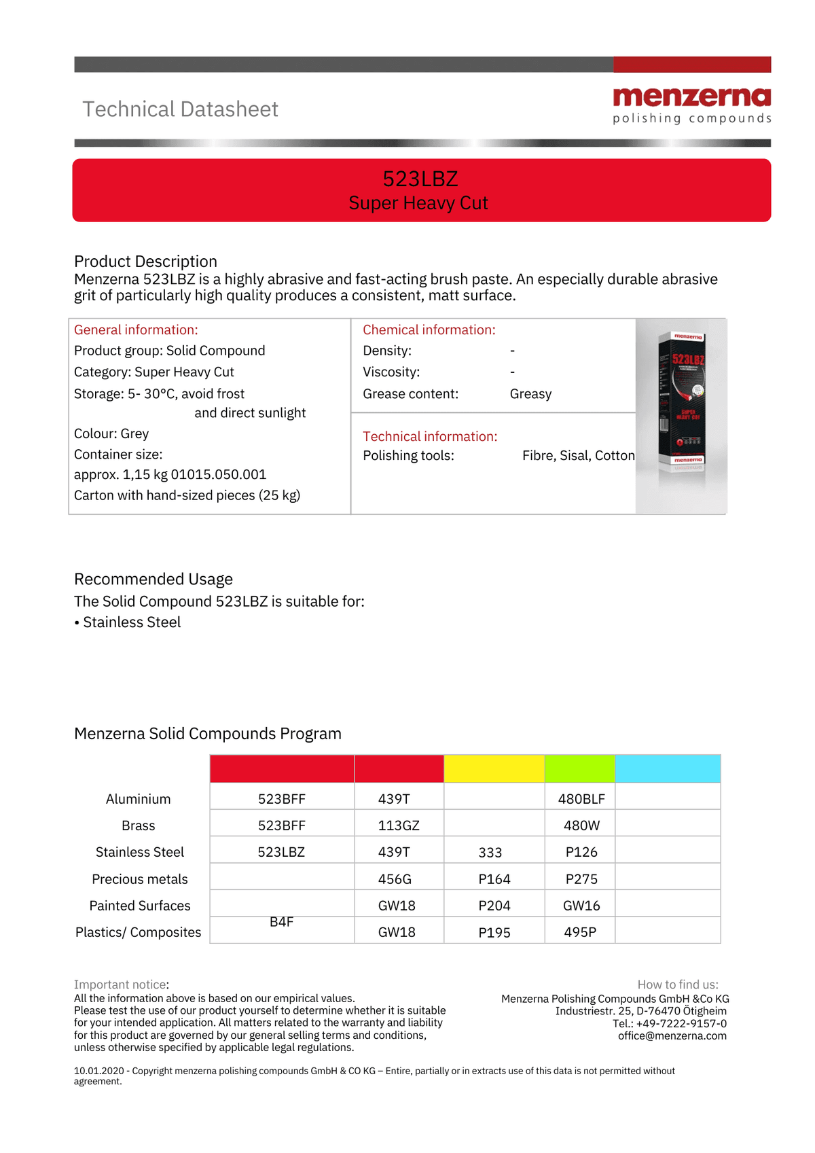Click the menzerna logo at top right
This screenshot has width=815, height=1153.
click(691, 105)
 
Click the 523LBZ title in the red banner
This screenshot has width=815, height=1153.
click(420, 179)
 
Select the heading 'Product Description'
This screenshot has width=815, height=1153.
click(145, 262)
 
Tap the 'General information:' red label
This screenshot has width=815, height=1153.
click(136, 330)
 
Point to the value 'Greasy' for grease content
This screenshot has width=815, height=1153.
click(530, 394)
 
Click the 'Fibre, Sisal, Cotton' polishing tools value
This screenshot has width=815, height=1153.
click(578, 456)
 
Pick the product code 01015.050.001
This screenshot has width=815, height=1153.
click(219, 475)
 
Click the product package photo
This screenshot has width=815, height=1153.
click(681, 414)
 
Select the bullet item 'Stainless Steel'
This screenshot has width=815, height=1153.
click(132, 622)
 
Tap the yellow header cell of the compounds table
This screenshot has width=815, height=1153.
click(494, 768)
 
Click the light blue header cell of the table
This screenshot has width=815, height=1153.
click(667, 768)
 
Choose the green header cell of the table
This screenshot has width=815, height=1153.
click(579, 768)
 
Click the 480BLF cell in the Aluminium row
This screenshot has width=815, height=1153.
click(581, 799)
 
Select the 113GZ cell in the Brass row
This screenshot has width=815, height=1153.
click(399, 826)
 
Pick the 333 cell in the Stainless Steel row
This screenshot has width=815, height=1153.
click(490, 853)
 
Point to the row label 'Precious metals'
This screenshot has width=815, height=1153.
click(140, 879)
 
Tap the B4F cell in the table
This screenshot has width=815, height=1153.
click(281, 922)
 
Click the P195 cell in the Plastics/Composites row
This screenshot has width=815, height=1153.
click(494, 933)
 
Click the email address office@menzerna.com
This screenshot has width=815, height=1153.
click(672, 1036)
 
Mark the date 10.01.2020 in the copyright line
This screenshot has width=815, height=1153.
click(98, 1071)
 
